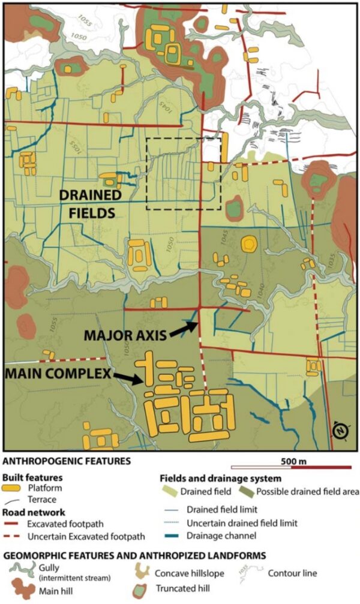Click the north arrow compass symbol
click(340, 431)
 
